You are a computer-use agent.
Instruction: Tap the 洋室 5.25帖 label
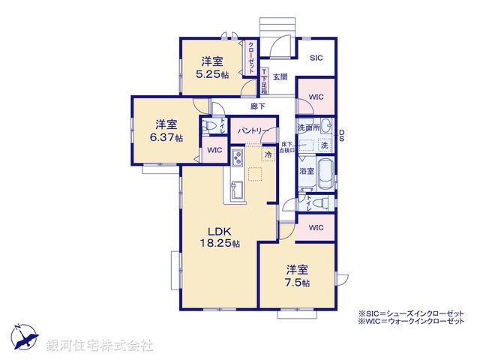pyautogui.click(x=211, y=68)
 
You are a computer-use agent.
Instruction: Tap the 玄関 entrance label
pyautogui.click(x=280, y=76)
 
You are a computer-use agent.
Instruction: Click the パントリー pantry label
pyautogui.click(x=253, y=130)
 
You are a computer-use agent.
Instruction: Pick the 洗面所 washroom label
pyautogui.click(x=308, y=127)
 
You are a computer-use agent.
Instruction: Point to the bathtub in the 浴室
pyautogui.click(x=326, y=175)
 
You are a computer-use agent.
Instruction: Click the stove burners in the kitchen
pyautogui.click(x=236, y=160)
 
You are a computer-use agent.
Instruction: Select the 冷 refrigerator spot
pyautogui.click(x=268, y=154)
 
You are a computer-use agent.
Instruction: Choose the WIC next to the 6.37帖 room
pyautogui.click(x=214, y=150)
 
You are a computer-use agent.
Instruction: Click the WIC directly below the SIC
pyautogui.click(x=316, y=97)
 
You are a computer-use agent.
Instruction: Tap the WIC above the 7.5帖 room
pyautogui.click(x=316, y=227)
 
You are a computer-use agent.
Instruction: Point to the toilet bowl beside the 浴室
pyautogui.click(x=319, y=202)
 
